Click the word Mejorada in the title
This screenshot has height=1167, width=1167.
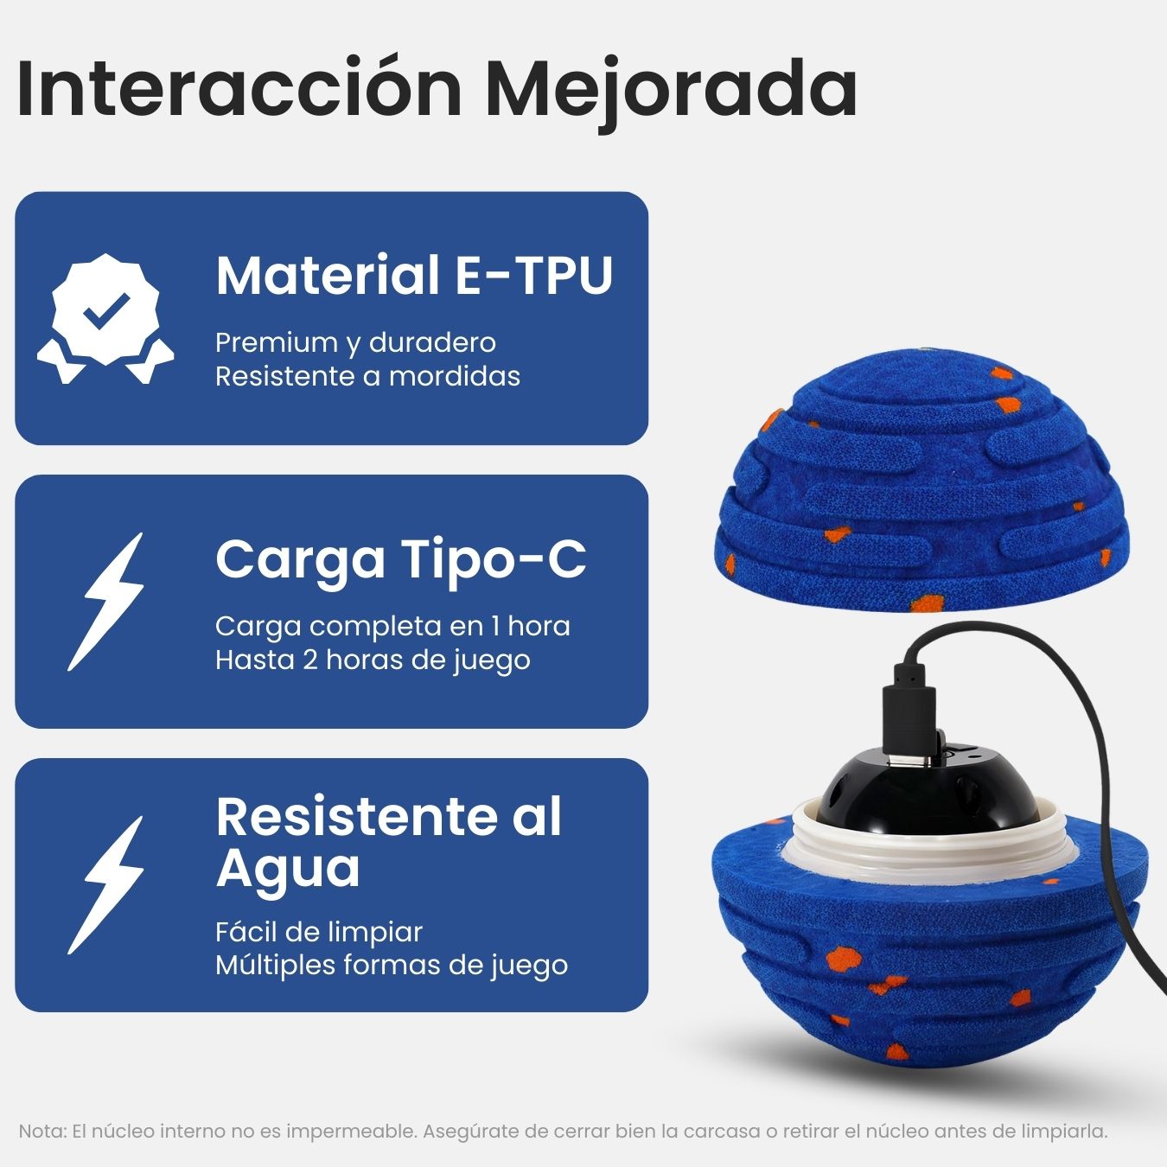(671, 88)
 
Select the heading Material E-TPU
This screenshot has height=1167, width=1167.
(414, 275)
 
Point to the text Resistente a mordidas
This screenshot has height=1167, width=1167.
(367, 377)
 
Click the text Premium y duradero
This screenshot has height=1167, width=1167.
(355, 342)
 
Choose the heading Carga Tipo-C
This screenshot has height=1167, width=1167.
(400, 558)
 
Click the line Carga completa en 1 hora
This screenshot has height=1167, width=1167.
(392, 626)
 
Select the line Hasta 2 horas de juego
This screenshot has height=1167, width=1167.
(373, 660)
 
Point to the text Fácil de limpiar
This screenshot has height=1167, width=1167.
(319, 932)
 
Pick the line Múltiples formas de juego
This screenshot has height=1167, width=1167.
(392, 966)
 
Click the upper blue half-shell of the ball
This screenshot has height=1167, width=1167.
(921, 493)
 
